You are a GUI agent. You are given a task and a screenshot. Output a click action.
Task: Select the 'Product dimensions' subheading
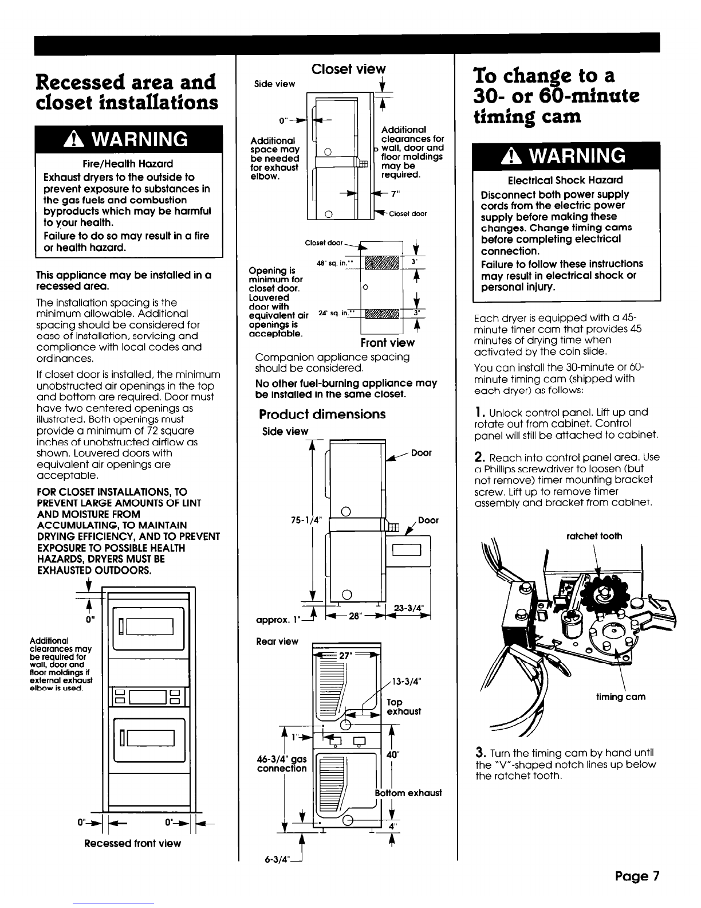point(322,414)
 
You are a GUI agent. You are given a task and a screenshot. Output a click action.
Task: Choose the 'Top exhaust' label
point(404,707)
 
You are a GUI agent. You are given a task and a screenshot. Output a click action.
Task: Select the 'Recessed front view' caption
point(132,843)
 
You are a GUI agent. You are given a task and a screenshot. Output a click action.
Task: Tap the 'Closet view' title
point(349,69)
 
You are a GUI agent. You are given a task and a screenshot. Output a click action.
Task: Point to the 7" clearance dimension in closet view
point(394,194)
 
